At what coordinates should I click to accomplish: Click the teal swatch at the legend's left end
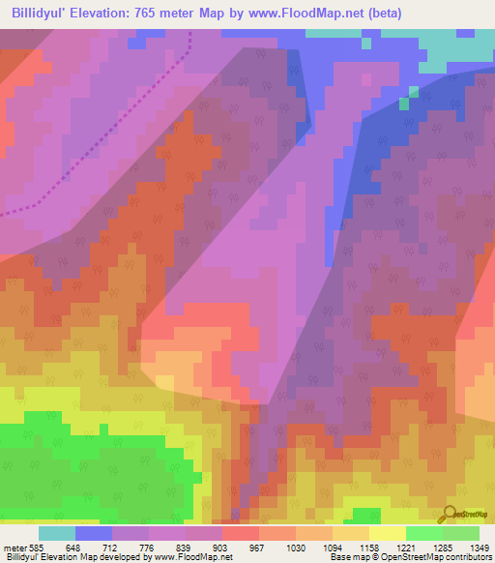point(57,533)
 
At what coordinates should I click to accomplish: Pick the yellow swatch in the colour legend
point(387,533)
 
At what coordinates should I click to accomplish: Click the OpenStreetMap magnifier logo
point(451,514)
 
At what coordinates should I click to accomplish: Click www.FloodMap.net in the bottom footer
point(184,558)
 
